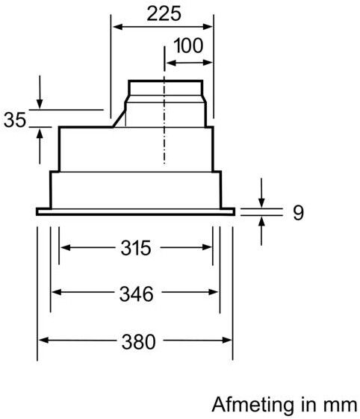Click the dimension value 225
point(162,13)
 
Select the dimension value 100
point(187,46)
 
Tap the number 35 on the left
point(16,120)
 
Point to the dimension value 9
point(297,213)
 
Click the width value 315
point(135,247)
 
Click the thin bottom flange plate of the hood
point(135,212)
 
